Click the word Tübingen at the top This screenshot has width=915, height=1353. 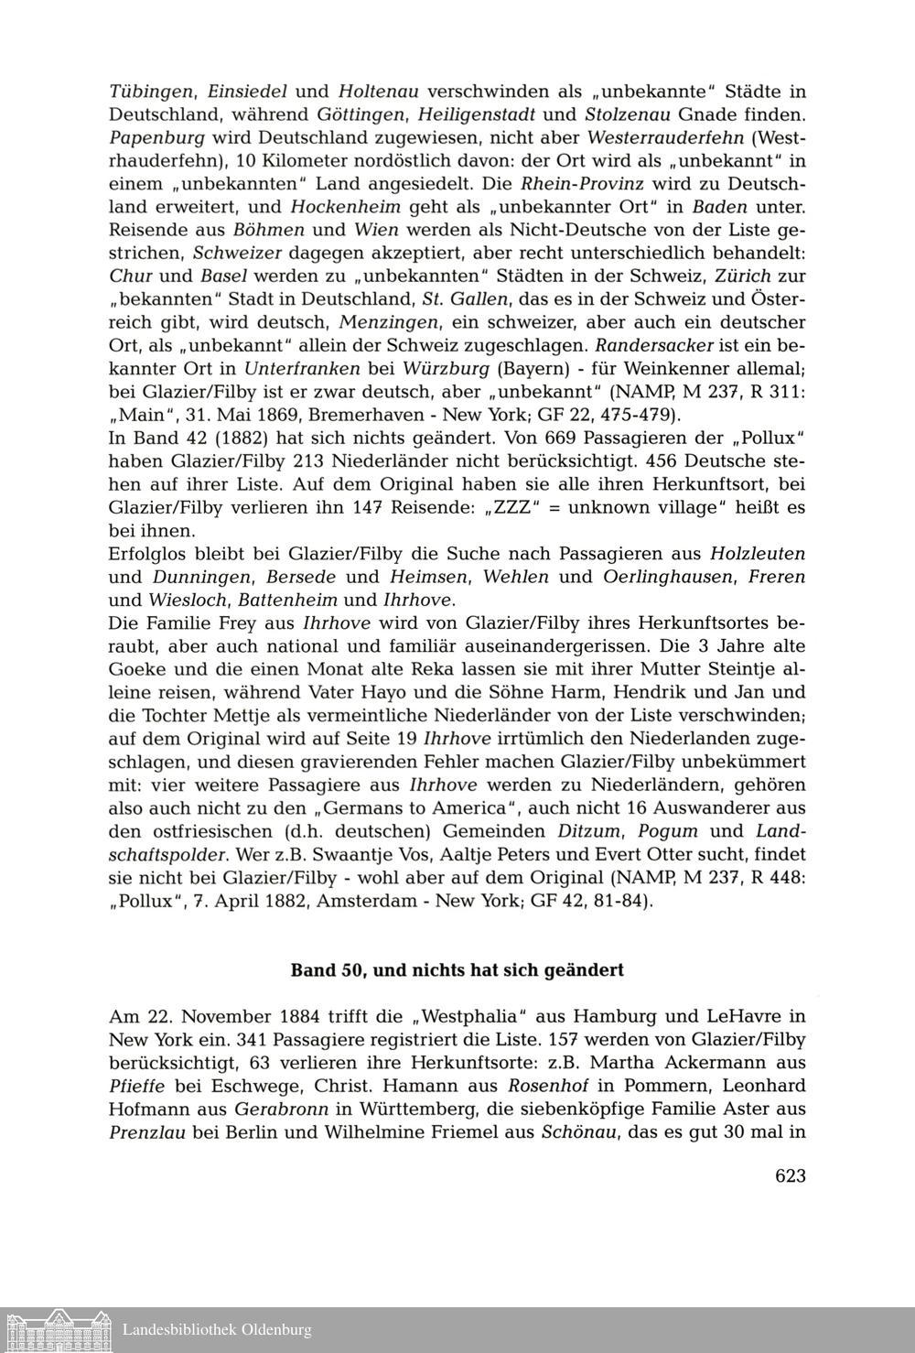pyautogui.click(x=151, y=92)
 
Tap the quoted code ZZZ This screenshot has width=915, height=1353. pyautogui.click(x=512, y=508)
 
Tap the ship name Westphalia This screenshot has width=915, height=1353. pyautogui.click(x=472, y=1017)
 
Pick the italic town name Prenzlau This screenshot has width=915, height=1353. pyautogui.click(x=148, y=1131)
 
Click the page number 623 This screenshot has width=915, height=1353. pyautogui.click(x=790, y=1176)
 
